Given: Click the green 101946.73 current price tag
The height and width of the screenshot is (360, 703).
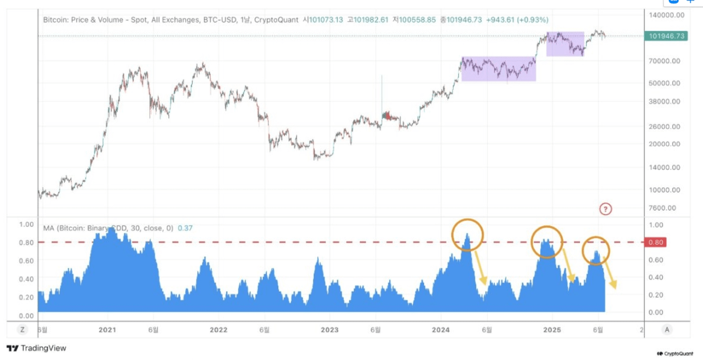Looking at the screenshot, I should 666,36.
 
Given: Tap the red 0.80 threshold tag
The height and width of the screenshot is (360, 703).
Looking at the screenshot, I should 656,242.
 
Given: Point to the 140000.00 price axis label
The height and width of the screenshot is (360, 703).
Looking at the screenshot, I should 666,15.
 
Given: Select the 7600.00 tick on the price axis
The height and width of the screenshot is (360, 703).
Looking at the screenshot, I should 662,208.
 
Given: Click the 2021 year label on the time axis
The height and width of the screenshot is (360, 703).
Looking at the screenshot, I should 107,330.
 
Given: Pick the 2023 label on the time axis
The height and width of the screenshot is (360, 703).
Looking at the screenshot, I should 330,330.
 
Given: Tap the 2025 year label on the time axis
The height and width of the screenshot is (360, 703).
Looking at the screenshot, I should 552,330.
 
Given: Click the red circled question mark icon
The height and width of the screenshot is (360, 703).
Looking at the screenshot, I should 605,209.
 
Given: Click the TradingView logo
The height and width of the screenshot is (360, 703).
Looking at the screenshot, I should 37,348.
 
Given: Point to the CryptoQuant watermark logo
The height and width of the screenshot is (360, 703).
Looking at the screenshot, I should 675,354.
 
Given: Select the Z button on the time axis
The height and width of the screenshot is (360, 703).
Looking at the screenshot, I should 22,330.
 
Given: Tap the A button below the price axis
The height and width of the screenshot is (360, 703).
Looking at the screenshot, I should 666,330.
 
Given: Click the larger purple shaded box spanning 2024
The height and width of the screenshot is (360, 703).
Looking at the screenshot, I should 499,69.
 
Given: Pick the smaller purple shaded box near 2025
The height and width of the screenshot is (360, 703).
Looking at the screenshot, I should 565,43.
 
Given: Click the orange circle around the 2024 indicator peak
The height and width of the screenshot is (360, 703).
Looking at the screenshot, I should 467,235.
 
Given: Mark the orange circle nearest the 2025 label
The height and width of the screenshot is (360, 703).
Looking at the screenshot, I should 547,242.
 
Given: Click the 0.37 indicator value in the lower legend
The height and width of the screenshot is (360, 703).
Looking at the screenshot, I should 185,228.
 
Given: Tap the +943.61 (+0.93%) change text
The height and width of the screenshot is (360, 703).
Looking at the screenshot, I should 517,20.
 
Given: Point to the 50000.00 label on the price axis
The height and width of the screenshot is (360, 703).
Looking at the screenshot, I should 664,83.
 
